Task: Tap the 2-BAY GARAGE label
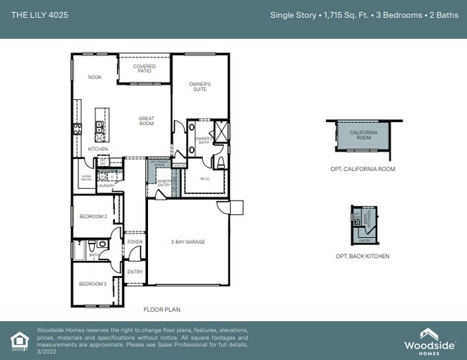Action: tap(188, 242)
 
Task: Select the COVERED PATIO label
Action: tap(144, 69)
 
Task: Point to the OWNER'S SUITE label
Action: tap(200, 87)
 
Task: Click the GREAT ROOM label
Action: tap(147, 121)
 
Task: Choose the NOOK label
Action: tap(95, 77)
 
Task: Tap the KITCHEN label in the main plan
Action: tap(98, 149)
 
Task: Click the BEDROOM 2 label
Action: tap(93, 216)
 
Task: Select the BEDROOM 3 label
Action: tap(93, 284)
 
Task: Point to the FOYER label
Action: tap(135, 242)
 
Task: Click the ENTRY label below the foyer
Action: tap(135, 272)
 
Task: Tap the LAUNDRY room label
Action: tap(106, 185)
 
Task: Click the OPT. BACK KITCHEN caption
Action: tap(363, 256)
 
